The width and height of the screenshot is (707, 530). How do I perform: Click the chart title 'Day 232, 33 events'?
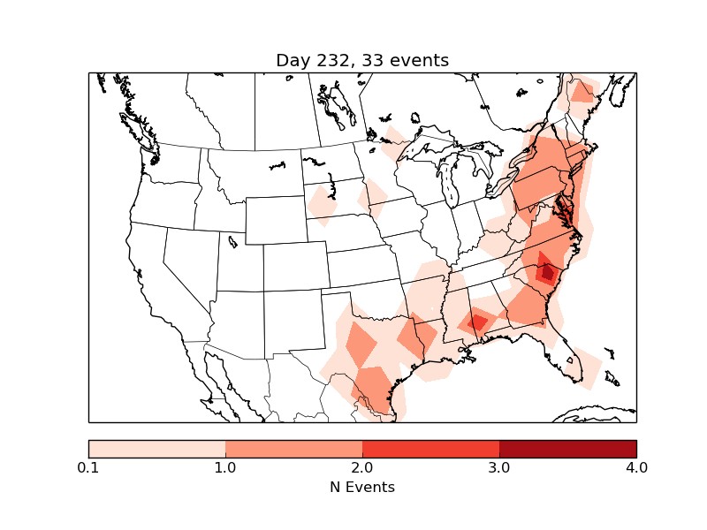click(x=362, y=60)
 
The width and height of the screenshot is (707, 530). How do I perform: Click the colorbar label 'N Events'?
click(x=362, y=487)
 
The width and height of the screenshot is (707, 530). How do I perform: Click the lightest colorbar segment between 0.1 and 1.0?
click(x=157, y=448)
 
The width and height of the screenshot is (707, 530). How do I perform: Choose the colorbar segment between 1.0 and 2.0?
click(x=293, y=448)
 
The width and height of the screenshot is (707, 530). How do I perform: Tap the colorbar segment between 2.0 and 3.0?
click(x=430, y=448)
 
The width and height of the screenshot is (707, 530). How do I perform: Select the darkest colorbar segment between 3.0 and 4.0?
click(x=567, y=448)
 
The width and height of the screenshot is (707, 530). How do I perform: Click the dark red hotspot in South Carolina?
click(x=547, y=273)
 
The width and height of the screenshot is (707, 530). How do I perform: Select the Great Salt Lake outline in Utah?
click(x=232, y=240)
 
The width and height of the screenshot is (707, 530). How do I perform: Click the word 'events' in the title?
click(x=421, y=60)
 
